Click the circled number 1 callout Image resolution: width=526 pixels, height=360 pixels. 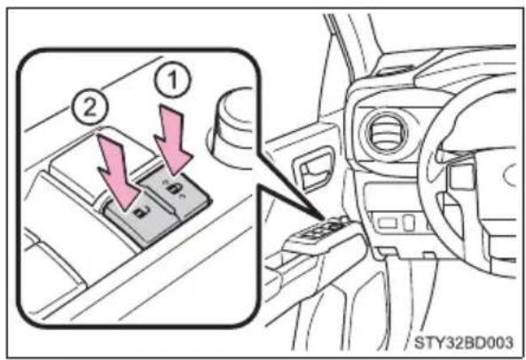(172, 80)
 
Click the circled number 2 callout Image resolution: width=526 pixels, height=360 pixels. (90, 108)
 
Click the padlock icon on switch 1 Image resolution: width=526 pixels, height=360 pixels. (175, 188)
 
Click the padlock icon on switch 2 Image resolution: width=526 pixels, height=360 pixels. (142, 212)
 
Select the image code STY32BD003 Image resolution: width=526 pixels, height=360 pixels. (464, 342)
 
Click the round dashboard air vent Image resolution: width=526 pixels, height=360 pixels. (386, 132)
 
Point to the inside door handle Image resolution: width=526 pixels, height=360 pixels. (313, 170)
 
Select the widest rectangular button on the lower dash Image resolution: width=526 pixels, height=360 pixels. (388, 223)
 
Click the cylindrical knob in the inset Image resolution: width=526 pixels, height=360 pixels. (232, 128)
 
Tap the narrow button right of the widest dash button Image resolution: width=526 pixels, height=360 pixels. (409, 223)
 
